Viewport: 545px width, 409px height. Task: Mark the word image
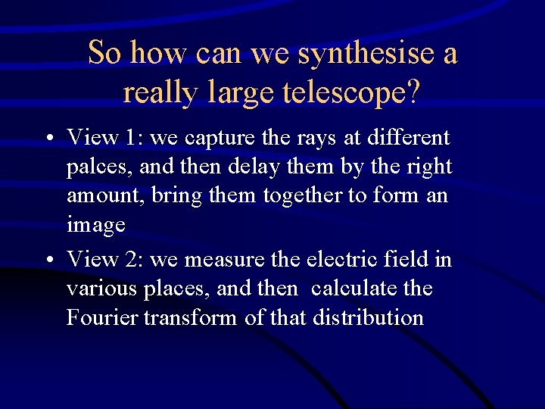click(96, 225)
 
